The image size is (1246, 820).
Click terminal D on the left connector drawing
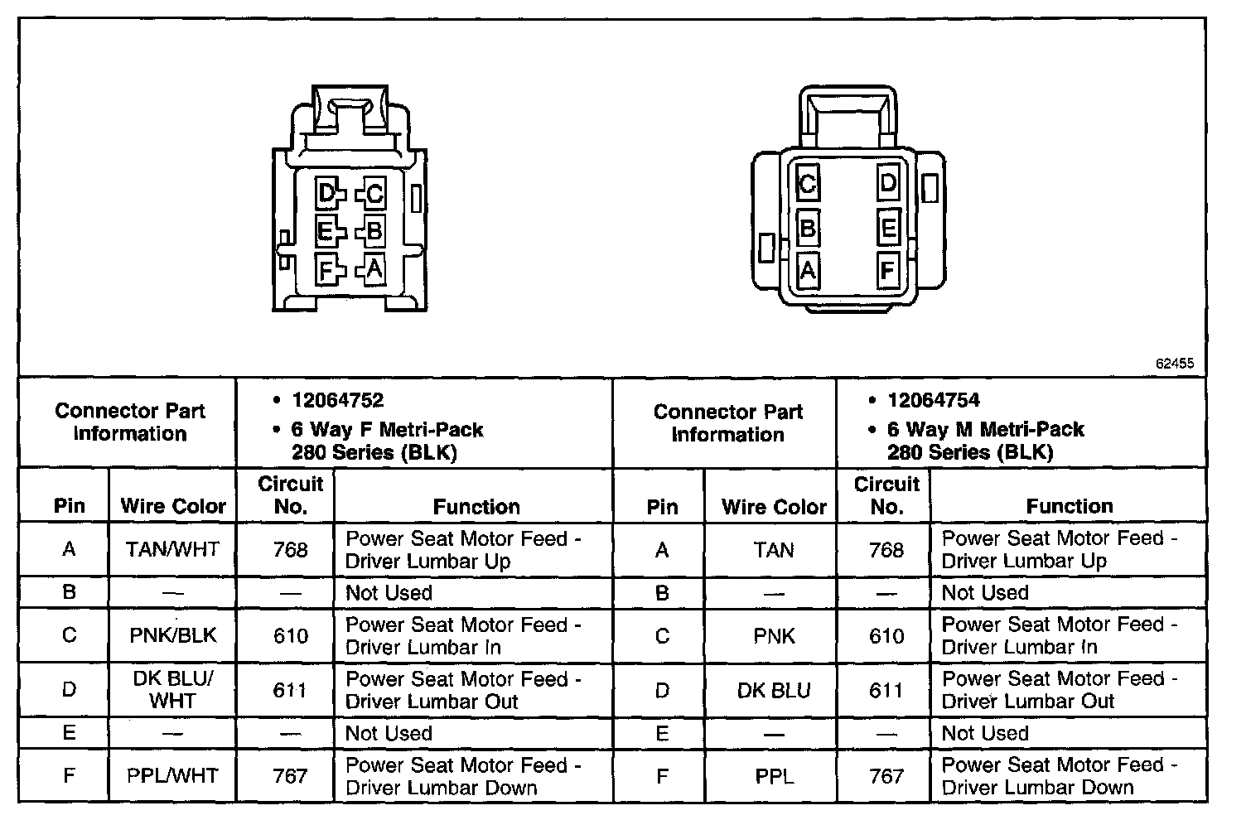pos(326,195)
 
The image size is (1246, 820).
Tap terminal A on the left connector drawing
pos(374,269)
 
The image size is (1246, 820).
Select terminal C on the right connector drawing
pos(807,183)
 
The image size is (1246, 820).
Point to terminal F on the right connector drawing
pos(887,270)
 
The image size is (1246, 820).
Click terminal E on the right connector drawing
pos(888,227)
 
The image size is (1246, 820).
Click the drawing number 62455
pos(1175,364)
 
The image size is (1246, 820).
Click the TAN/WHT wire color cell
pos(172,549)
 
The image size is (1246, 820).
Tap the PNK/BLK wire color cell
pos(172,635)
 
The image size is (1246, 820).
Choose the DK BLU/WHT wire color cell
pos(172,690)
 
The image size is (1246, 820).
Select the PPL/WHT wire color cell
pos(172,776)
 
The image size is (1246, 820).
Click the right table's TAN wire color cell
pos(774,549)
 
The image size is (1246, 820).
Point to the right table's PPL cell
pos(774,776)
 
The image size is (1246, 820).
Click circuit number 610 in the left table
pos(290,635)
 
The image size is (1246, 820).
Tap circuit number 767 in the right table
pos(886,776)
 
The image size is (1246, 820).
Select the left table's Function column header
pos(476,506)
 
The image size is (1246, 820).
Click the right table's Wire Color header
pos(774,506)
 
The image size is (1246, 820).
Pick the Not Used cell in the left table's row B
pos(389,593)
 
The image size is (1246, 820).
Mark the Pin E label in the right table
pos(661,733)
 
